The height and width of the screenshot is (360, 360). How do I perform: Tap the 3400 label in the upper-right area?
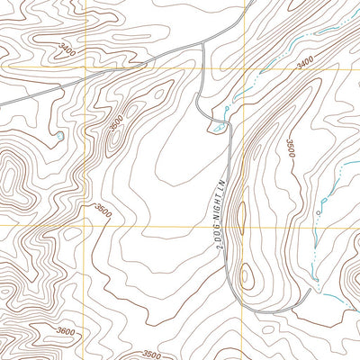point(305,64)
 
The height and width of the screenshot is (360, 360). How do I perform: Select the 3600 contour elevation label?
point(65,331)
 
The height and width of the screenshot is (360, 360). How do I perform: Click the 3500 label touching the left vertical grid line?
point(102,211)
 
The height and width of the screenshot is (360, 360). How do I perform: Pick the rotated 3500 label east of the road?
point(291,148)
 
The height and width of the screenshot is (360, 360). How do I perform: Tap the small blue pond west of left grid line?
point(59,135)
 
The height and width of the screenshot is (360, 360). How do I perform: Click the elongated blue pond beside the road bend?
point(218,127)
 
